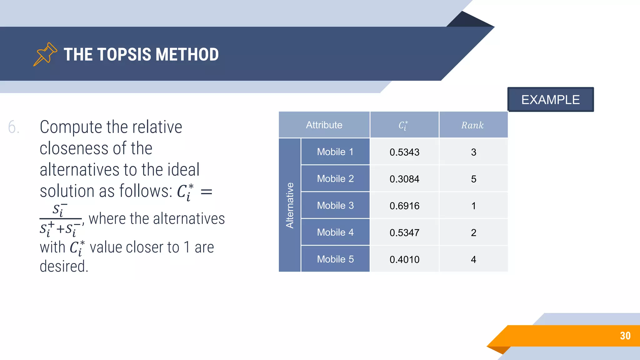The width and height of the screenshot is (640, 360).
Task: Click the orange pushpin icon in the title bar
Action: (45, 54)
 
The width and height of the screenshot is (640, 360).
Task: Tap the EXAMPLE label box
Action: (550, 100)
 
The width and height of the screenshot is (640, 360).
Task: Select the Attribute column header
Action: (324, 125)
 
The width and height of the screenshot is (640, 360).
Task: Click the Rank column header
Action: (472, 125)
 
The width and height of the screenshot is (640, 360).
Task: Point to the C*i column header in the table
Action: (403, 125)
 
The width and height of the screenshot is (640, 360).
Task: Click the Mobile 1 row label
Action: (335, 152)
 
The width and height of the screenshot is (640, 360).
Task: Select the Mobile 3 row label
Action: (335, 206)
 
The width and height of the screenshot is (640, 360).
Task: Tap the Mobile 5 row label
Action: (335, 259)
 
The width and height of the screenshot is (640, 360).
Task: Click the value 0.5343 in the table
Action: (404, 152)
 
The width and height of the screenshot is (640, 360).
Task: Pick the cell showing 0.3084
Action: (404, 179)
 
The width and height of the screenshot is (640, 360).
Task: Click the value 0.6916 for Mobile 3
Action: (404, 206)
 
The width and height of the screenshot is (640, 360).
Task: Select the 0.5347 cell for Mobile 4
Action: (404, 233)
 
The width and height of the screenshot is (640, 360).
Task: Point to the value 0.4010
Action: (404, 260)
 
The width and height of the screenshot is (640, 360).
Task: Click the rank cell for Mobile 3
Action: (473, 206)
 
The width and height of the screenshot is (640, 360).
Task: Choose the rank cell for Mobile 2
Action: (473, 179)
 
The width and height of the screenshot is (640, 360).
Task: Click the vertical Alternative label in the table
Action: (290, 205)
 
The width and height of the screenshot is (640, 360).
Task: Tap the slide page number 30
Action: (625, 336)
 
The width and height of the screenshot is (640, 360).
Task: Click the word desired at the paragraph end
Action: (64, 267)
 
